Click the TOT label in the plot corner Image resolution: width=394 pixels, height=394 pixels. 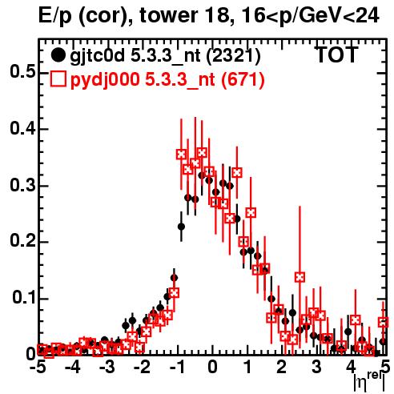pyautogui.click(x=337, y=54)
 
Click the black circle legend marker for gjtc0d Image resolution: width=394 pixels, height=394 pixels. pyautogui.click(x=58, y=55)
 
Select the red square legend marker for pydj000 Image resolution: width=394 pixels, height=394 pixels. pyautogui.click(x=58, y=79)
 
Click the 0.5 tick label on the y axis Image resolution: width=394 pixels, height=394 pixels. pyautogui.click(x=23, y=72)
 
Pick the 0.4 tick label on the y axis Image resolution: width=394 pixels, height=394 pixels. pyautogui.click(x=23, y=129)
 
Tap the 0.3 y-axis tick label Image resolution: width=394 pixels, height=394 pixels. pyautogui.click(x=23, y=185)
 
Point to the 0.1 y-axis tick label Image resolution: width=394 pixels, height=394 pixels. pyautogui.click(x=24, y=297)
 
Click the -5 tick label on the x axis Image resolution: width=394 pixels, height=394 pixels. pyautogui.click(x=38, y=367)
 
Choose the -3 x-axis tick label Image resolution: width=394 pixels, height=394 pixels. pyautogui.click(x=107, y=367)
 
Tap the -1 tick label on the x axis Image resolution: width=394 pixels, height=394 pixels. pyautogui.click(x=176, y=367)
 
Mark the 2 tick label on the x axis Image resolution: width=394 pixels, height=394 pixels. pyautogui.click(x=282, y=367)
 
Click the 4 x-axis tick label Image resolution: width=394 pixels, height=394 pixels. pyautogui.click(x=352, y=367)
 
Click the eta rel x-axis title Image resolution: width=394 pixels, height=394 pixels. pyautogui.click(x=370, y=382)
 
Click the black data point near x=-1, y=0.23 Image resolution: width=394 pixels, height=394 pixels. pyautogui.click(x=181, y=227)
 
